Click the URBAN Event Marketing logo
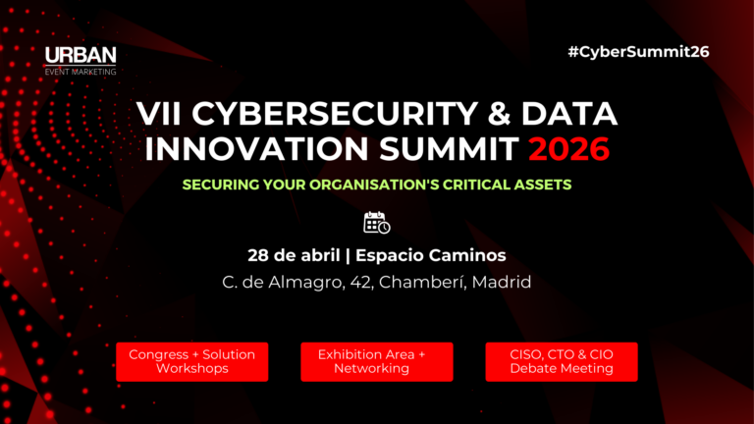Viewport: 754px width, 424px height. point(81,60)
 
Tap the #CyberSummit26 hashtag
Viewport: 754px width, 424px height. point(638,51)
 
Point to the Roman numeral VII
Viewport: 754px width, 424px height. point(160,115)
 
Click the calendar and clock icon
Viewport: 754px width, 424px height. point(377,222)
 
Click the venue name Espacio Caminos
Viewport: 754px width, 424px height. point(431,255)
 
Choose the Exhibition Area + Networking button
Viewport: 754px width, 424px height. point(377,361)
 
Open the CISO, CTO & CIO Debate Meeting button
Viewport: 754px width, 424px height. point(562,361)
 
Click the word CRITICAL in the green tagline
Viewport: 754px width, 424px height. point(472,185)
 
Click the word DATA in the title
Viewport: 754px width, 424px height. point(568,115)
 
